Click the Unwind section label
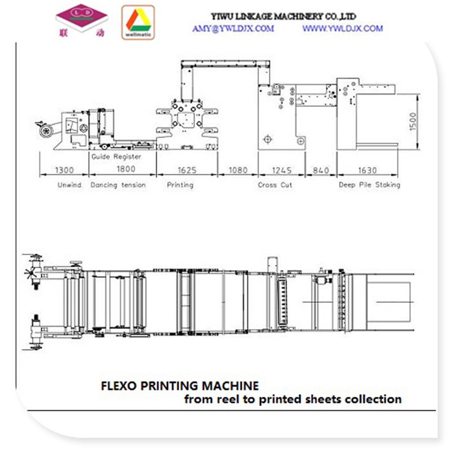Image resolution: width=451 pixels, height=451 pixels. pos(69,185)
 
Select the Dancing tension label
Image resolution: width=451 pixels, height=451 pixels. pos(118,185)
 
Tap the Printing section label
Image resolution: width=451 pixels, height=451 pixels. pos(180,185)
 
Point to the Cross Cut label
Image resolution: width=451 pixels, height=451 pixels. pos(275,185)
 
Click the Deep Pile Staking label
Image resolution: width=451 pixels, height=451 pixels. pos(369,185)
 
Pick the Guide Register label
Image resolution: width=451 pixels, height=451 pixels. pos(116,157)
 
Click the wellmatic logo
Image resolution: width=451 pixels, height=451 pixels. pos(138,23)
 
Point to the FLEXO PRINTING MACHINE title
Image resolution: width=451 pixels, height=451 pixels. pos(180,386)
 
